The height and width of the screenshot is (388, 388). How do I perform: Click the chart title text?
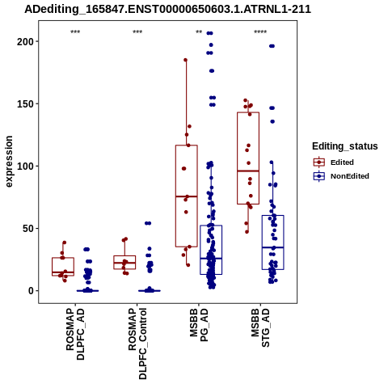point(167,9)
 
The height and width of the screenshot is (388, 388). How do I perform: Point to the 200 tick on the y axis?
point(25,41)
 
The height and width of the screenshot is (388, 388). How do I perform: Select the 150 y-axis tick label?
point(25,103)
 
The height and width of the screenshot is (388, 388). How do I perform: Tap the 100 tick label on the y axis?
point(25,166)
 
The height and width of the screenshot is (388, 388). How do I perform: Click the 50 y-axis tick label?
point(28,228)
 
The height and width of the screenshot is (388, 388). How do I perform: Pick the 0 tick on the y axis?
point(32,291)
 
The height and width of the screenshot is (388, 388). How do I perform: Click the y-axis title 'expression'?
point(9,162)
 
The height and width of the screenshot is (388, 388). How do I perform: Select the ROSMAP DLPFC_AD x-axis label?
point(75,334)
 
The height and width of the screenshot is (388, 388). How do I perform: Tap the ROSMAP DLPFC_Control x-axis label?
point(137,344)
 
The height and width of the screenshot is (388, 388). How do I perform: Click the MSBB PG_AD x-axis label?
point(199,325)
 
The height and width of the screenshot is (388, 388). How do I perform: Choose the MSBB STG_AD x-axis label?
point(260,327)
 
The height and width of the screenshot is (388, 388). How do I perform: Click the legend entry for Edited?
point(334,162)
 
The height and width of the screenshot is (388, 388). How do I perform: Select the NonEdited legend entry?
point(341,176)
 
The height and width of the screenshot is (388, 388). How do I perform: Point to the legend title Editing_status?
point(345,146)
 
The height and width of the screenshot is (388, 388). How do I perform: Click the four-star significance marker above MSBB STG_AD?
point(260,32)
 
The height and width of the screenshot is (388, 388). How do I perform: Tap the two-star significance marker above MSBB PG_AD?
point(199,32)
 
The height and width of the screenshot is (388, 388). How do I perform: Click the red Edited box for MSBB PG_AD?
point(187,196)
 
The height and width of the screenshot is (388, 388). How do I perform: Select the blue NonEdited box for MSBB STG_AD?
point(273,242)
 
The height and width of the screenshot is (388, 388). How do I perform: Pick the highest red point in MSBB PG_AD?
point(186,60)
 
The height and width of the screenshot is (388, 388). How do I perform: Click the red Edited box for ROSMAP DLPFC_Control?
point(124,262)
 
